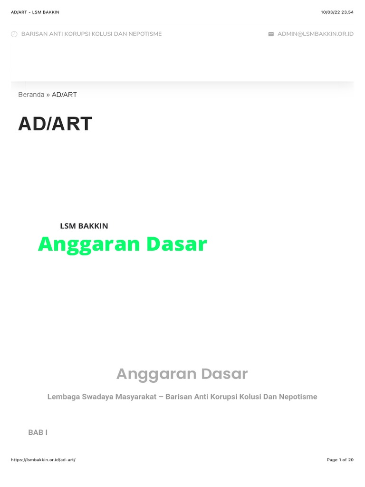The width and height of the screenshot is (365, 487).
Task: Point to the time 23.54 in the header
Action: click(x=347, y=12)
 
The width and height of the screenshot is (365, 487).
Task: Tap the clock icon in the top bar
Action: click(x=14, y=34)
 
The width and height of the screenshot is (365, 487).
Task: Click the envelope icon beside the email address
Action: click(x=271, y=34)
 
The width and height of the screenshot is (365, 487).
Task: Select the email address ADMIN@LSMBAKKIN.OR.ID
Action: click(x=316, y=34)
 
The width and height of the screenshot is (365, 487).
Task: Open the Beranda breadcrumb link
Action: click(x=31, y=95)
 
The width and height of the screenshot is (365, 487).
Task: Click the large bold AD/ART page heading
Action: click(x=55, y=124)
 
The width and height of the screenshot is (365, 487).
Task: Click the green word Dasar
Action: click(x=176, y=244)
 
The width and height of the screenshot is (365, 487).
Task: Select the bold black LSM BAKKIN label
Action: click(x=84, y=226)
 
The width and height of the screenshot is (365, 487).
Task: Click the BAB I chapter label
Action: click(x=38, y=432)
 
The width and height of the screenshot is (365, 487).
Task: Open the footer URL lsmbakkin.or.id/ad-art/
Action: click(x=43, y=460)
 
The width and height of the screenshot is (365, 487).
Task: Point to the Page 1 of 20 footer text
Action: click(x=340, y=460)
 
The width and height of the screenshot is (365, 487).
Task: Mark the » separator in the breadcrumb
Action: click(x=48, y=95)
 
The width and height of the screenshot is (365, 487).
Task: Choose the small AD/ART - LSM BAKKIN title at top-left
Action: click(x=35, y=12)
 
